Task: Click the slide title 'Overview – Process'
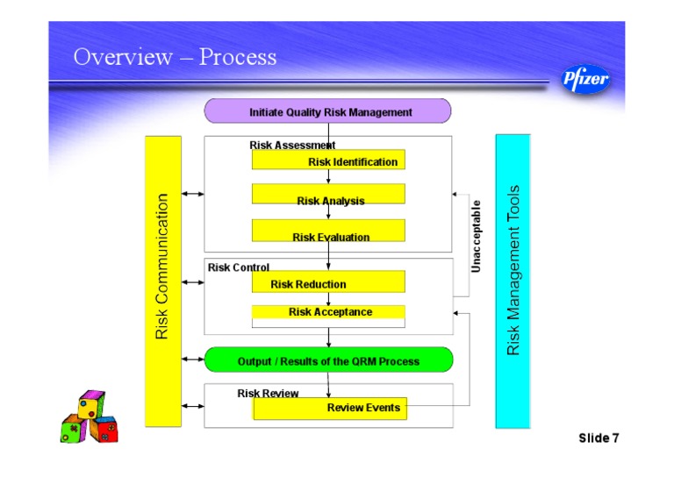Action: coord(175,58)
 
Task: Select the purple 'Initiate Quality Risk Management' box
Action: coord(327,111)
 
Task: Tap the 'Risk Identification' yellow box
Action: coord(328,160)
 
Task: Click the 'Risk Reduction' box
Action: coord(328,282)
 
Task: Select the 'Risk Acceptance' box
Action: coord(328,312)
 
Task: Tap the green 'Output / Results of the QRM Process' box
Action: coord(328,360)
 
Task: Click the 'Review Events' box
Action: coord(330,408)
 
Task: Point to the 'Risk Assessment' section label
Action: coord(291,145)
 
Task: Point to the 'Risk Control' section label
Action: coord(239,267)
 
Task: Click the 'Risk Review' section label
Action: coord(268,394)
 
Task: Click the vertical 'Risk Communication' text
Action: coord(162,267)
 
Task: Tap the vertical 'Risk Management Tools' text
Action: coord(514,270)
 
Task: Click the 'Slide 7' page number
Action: coord(599,438)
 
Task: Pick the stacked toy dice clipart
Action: coord(88,418)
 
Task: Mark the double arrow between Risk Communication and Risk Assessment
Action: coord(192,194)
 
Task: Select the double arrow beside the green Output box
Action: coord(192,360)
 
